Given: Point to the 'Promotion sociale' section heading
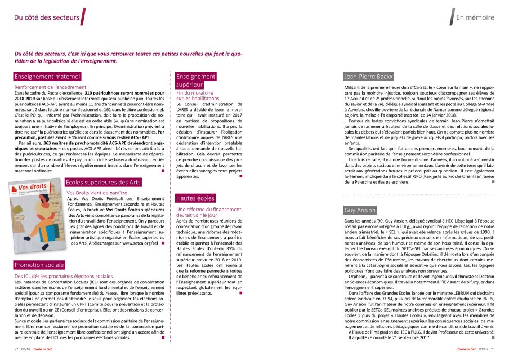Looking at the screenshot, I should click(40, 265).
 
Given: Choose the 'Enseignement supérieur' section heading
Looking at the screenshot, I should click(195, 81).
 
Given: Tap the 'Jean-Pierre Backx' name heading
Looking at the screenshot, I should click(368, 77).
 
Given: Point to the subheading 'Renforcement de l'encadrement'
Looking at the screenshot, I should click(50, 87).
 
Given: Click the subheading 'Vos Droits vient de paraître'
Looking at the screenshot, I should click(97, 177).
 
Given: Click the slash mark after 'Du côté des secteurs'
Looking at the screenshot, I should click(84, 17).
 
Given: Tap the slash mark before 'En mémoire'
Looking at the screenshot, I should click(452, 17).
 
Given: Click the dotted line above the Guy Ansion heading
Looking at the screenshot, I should click(418, 195).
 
